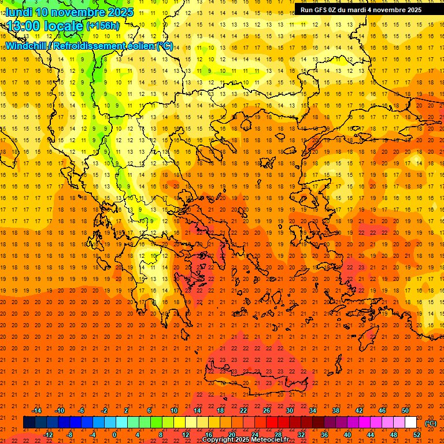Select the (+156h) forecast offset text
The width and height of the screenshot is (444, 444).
click(103, 26)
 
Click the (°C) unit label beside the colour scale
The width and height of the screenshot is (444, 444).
click(431, 423)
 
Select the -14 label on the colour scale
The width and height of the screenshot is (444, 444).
click(36, 410)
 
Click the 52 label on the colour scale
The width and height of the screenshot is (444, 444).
click(417, 435)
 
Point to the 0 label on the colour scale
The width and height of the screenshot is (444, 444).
click(114, 435)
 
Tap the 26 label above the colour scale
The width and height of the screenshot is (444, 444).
click(266, 410)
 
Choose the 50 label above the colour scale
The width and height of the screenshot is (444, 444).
click(405, 410)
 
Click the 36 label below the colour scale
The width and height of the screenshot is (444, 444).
click(324, 435)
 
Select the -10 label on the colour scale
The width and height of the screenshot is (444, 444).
click(60, 410)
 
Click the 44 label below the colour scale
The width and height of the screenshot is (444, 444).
click(371, 435)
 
